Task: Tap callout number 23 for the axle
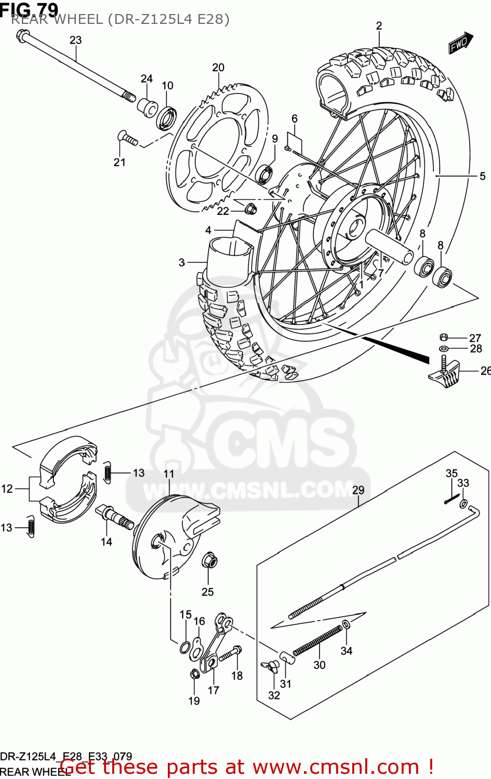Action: pos(76,40)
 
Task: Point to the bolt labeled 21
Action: pos(127,138)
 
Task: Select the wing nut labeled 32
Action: pos(271,667)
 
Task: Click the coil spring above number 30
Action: pos(318,640)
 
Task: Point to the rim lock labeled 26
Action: pos(445,375)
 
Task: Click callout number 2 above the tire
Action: pos(379,26)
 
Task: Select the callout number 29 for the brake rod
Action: pos(359,490)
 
